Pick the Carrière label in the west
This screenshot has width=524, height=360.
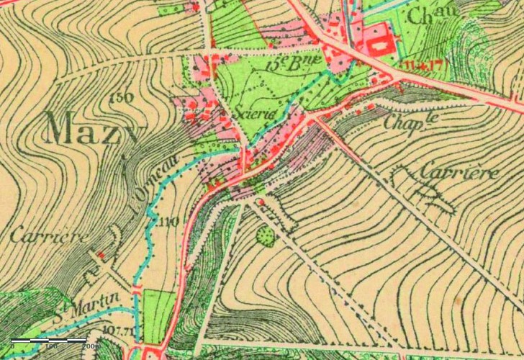point(49,235)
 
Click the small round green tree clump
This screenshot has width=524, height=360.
point(266,235)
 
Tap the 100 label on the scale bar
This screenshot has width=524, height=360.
point(51,347)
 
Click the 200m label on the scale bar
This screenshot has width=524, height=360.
point(91,347)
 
